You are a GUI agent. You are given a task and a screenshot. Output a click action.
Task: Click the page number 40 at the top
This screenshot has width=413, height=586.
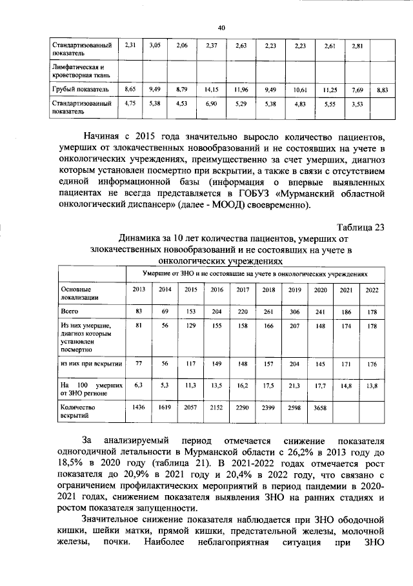(x=221, y=27)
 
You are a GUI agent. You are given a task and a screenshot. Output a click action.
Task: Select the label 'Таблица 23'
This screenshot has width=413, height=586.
(x=361, y=226)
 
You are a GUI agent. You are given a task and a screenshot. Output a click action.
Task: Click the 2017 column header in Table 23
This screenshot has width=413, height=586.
(x=243, y=289)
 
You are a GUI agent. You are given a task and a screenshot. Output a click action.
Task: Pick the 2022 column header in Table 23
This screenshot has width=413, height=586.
(x=372, y=289)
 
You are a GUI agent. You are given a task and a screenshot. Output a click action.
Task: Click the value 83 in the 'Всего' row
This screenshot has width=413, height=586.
(x=138, y=311)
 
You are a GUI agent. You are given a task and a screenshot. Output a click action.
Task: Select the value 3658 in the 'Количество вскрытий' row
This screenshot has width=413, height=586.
(x=321, y=407)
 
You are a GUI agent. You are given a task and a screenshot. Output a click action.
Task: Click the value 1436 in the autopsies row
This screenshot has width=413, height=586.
(x=137, y=407)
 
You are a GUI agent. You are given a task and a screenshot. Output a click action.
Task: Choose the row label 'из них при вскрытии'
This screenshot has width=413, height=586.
(x=88, y=364)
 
